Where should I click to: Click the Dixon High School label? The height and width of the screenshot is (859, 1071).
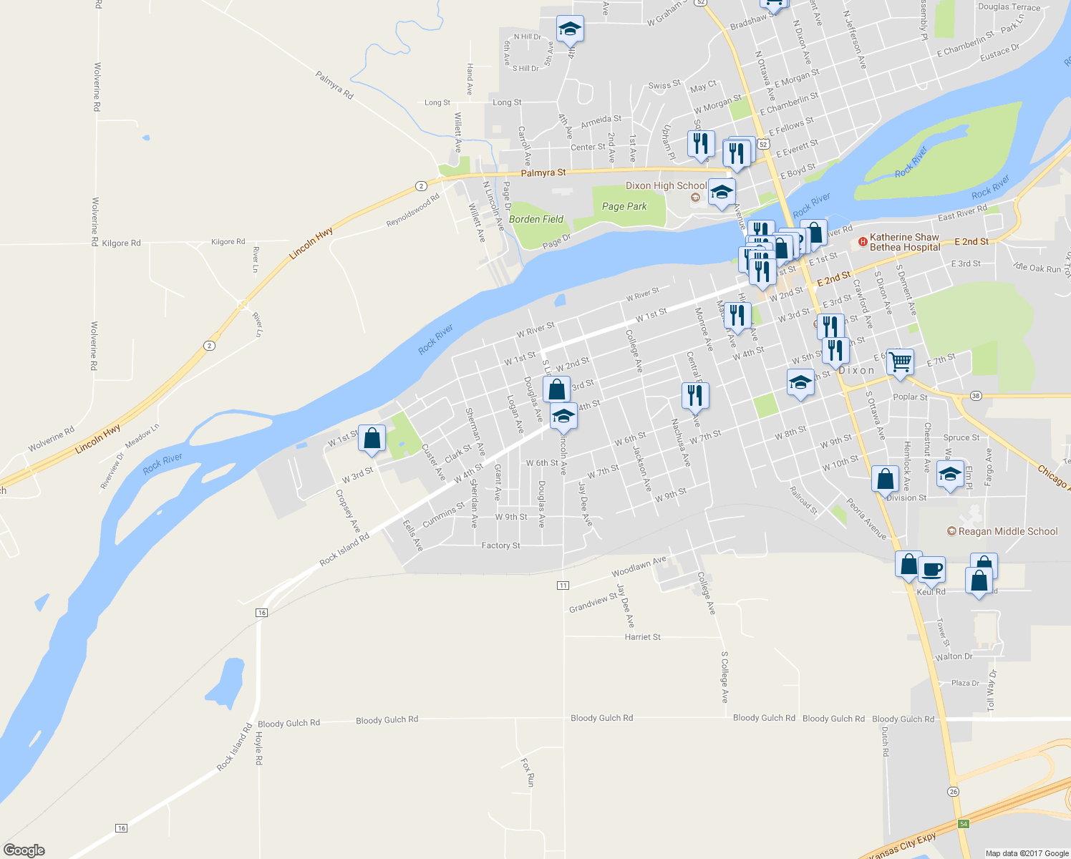[x=666, y=185]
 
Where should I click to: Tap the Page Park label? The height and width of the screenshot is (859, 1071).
[x=624, y=206]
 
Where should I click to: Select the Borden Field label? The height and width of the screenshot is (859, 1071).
[x=536, y=219]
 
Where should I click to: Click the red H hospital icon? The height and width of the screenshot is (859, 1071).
[x=863, y=242]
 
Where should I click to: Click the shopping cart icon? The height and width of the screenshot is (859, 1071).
[x=900, y=361]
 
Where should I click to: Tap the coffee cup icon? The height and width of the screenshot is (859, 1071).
[x=931, y=570]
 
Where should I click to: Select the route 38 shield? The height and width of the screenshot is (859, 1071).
[x=976, y=396]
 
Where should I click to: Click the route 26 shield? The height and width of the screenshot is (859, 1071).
[x=953, y=791]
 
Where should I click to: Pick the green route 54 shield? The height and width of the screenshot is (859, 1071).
[x=964, y=824]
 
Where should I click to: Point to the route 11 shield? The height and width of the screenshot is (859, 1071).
[x=563, y=586]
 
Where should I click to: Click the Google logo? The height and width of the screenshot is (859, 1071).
[x=24, y=850]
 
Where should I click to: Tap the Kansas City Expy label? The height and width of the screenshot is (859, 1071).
[x=906, y=846]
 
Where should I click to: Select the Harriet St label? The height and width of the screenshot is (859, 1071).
[x=643, y=636]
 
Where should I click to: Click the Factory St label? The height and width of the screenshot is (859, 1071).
[x=500, y=545]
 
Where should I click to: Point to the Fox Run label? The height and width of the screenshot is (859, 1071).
[x=528, y=773]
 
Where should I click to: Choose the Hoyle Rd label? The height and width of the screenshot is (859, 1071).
[x=259, y=749]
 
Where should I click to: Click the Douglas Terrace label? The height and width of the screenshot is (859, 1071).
[x=1009, y=7]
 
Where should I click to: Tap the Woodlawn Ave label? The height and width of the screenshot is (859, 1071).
[x=639, y=566]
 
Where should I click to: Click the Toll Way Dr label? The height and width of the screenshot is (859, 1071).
[x=992, y=690]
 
